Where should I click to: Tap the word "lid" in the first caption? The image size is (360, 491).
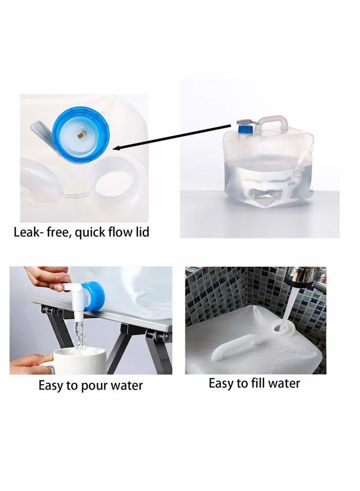(142, 232)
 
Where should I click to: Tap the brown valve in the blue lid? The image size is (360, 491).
(80, 136)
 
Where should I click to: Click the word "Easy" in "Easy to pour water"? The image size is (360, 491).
(51, 386)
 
